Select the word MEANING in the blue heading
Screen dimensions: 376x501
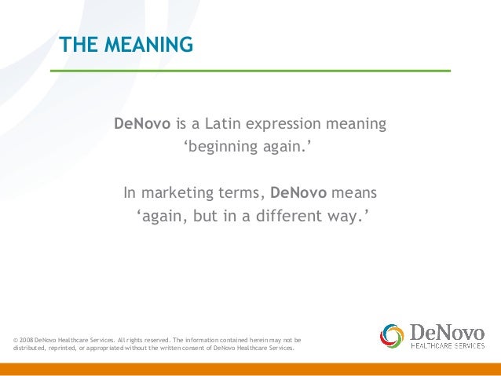[x=146, y=46]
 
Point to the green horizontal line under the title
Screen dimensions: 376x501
[x=251, y=71]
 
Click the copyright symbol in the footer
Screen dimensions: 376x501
[x=16, y=340]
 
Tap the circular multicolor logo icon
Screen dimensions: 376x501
[x=391, y=337]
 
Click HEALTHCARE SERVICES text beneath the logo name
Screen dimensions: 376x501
[x=448, y=345]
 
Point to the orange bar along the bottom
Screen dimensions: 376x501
[x=251, y=369]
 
